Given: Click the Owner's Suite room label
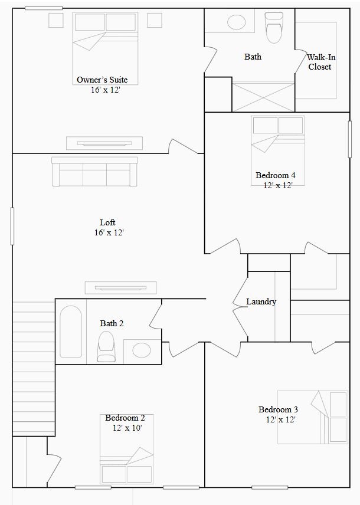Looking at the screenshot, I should point(102,80).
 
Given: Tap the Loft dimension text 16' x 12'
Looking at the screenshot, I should point(108,232).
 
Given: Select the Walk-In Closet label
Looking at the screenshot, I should point(319,62).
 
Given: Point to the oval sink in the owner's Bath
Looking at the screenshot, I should point(236,23).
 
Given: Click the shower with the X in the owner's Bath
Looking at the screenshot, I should point(263,96).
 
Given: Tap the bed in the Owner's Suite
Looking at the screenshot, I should point(105,40).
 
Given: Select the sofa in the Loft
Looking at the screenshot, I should point(94,172).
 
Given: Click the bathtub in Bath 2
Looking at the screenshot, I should point(71,331).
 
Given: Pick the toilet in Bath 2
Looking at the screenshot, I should point(106,346).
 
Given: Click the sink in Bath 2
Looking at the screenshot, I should point(142,350).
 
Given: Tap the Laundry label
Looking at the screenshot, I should point(261,301).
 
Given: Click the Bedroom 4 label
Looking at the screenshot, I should point(276,175).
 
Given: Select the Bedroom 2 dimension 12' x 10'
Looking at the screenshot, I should point(127,428).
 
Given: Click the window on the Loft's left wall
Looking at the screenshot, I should point(12,226).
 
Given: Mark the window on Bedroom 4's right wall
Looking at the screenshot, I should point(350,139).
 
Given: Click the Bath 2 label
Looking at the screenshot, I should point(112,323).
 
